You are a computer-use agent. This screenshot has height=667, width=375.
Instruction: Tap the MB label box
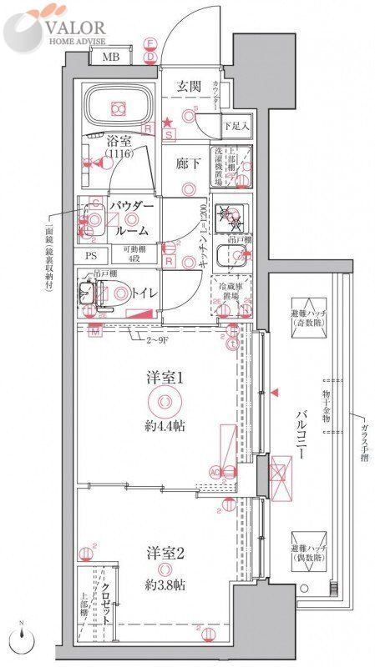[109, 58]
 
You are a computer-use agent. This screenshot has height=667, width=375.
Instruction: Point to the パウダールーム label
[129, 218]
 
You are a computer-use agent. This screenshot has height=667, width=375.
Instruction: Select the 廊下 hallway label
[188, 163]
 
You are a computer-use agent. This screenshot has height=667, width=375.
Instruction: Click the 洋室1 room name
[165, 378]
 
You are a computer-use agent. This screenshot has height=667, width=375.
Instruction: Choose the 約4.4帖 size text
[165, 430]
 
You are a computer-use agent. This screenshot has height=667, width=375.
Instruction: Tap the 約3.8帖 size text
[165, 578]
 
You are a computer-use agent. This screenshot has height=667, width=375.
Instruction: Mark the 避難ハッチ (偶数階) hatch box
[307, 548]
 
